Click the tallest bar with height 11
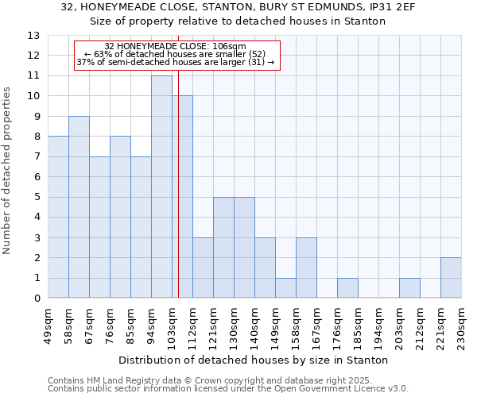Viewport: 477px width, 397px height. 161,187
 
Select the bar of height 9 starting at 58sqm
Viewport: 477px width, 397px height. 79,206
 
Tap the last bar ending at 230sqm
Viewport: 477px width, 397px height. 451,278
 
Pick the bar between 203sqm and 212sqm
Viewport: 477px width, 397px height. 409,288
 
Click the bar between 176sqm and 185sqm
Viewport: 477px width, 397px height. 347,288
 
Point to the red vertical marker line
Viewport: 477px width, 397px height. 178,198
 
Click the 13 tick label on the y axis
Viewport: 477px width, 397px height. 33,36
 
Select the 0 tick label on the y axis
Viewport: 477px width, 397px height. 37,299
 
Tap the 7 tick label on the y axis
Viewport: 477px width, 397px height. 37,156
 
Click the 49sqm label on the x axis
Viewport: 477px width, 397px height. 48,325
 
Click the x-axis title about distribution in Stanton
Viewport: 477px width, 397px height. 254,360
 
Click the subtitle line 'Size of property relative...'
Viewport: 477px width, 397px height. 238,21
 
